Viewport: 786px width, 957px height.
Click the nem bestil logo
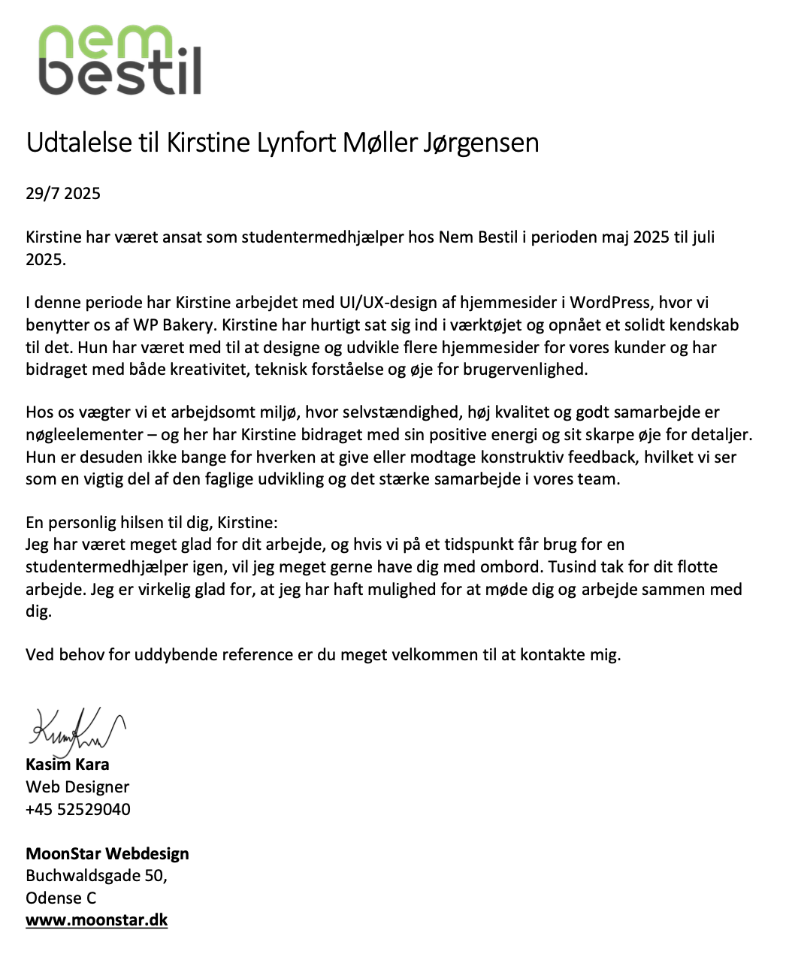pos(119,60)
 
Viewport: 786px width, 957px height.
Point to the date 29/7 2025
pos(63,194)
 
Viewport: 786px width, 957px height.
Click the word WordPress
pos(610,303)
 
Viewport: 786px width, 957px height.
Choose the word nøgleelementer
pos(84,435)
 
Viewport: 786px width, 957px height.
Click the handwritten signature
pos(75,729)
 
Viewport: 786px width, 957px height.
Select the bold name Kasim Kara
pos(68,765)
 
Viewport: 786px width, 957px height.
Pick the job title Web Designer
pos(77,787)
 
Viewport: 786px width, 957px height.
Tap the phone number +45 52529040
pos(78,810)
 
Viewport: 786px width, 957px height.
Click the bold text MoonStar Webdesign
pos(107,854)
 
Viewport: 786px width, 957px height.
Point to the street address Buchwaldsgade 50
pos(96,876)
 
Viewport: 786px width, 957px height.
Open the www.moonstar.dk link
pos(97,920)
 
